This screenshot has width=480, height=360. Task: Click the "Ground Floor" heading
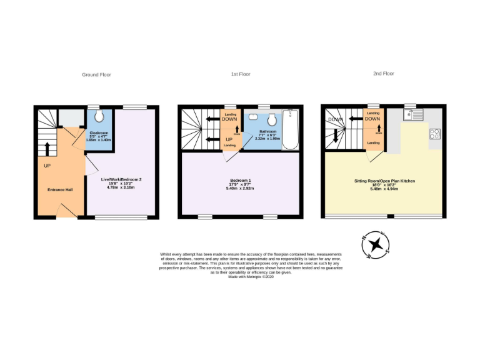click(x=96, y=74)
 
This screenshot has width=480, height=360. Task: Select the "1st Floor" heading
click(x=241, y=74)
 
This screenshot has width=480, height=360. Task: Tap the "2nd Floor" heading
click(x=384, y=73)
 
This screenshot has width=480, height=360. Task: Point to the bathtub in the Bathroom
click(x=291, y=130)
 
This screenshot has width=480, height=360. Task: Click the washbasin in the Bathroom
click(x=252, y=117)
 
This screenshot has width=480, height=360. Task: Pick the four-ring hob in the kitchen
click(x=435, y=133)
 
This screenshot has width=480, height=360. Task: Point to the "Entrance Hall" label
click(x=60, y=189)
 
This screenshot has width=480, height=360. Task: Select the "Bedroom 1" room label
click(x=240, y=181)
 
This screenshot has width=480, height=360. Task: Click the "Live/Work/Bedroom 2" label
click(x=121, y=180)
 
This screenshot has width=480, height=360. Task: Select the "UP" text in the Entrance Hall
click(x=47, y=166)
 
